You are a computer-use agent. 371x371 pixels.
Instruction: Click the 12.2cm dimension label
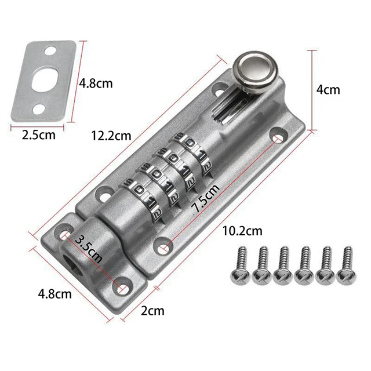(111, 136)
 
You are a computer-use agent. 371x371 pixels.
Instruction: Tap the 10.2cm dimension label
(243, 231)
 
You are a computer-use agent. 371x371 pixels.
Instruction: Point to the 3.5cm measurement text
(90, 249)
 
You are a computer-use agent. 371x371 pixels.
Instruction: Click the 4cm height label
(329, 90)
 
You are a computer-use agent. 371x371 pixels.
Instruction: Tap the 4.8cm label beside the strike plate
(96, 83)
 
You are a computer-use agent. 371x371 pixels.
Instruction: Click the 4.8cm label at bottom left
(56, 293)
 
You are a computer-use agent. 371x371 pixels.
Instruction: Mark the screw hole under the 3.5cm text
(123, 286)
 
